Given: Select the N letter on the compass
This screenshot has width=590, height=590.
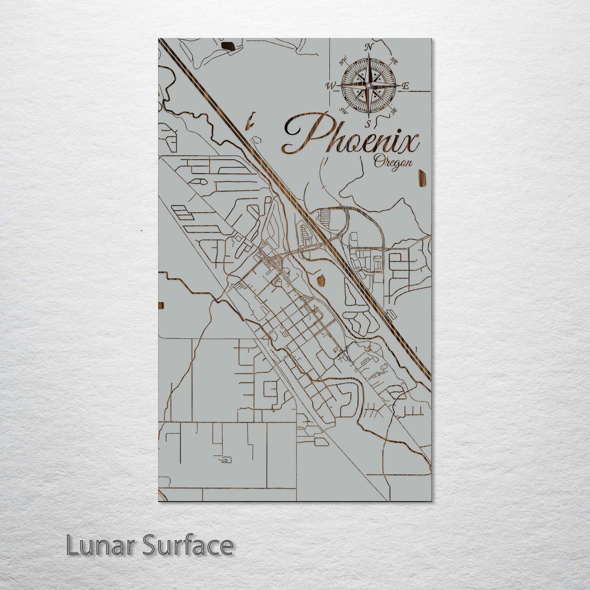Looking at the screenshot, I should pos(370,47).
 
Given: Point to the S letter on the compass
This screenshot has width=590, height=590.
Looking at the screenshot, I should pos(368,123).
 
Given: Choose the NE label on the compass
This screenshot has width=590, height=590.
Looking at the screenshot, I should pos(394,61).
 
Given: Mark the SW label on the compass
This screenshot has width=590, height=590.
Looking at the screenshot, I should pos(344,110).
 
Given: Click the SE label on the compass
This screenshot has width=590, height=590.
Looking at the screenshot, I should pos(394,110).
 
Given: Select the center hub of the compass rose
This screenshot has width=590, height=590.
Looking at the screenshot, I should pos(368,85).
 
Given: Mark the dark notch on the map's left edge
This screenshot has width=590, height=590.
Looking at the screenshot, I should pos(160,306).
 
